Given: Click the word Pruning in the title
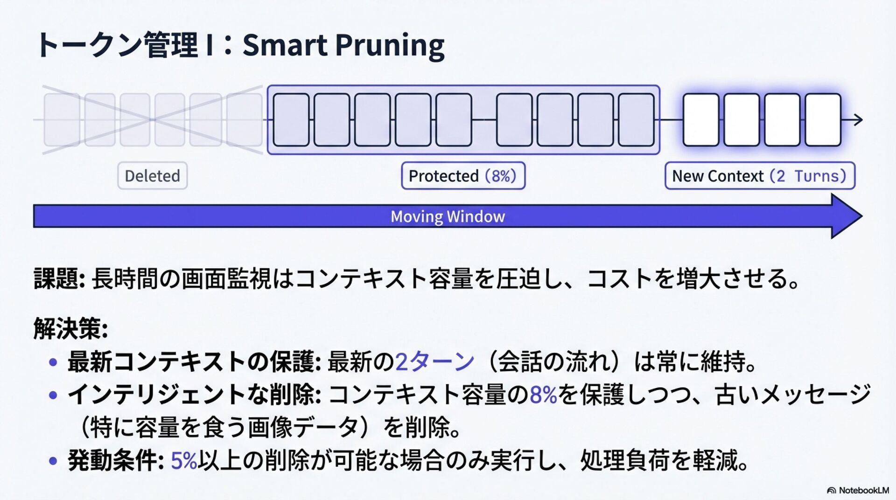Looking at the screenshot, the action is [x=390, y=46].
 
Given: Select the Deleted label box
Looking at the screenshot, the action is [x=152, y=176].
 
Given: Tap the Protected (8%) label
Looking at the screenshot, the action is [x=463, y=176].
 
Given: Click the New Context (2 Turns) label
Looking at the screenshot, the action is [x=759, y=176].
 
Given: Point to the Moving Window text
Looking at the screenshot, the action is [x=448, y=216].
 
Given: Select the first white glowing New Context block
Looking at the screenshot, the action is [x=700, y=120].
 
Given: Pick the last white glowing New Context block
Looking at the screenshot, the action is [x=823, y=120].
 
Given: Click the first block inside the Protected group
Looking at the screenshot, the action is [x=291, y=120].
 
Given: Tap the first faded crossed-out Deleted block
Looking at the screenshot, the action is [x=61, y=120].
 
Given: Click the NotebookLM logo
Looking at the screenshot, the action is [x=857, y=490].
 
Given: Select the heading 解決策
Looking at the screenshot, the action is [x=70, y=328].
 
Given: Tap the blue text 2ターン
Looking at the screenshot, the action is [x=434, y=361].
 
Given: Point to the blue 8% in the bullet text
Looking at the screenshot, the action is [x=543, y=395].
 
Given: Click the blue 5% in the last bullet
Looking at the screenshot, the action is [x=184, y=461].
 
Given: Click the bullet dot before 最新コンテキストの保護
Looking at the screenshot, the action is [x=53, y=362].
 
